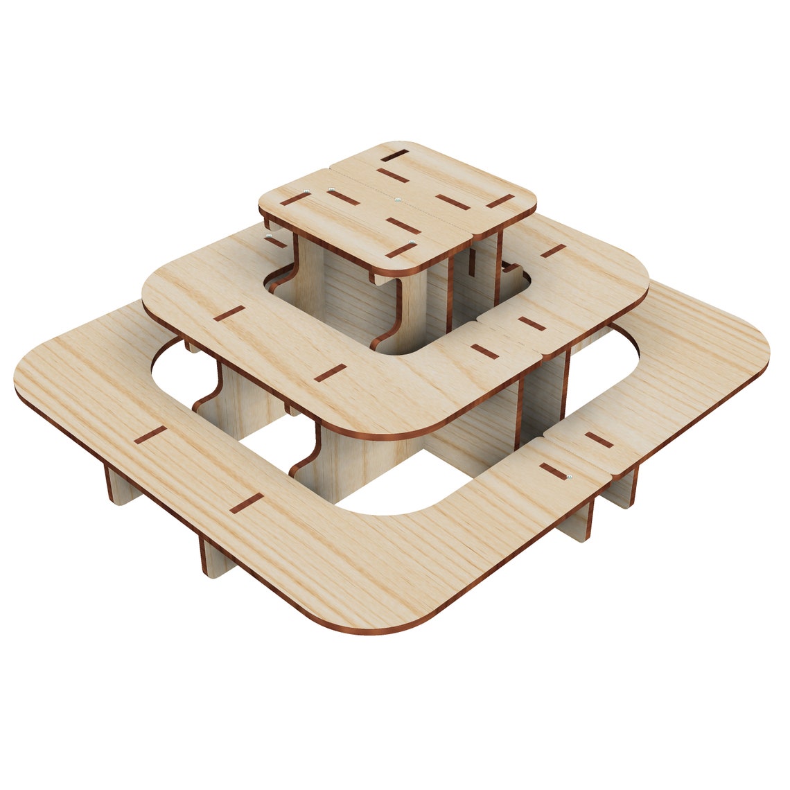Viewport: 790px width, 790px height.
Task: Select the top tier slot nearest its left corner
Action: click(295, 199)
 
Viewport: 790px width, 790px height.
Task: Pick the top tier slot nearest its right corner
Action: click(500, 201)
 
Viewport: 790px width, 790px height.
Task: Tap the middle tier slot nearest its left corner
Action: click(229, 313)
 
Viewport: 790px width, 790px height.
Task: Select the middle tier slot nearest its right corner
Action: click(553, 250)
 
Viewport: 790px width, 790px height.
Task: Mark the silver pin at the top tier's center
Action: click(396, 200)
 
